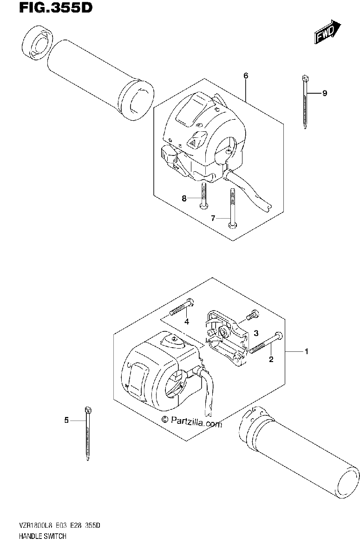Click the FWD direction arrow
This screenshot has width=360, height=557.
point(327,32)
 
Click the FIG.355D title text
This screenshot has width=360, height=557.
point(56,7)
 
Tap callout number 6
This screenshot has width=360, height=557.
point(246,76)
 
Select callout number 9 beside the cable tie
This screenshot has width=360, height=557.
point(324,93)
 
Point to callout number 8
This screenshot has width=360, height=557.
point(184,199)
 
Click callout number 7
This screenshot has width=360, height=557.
point(213,218)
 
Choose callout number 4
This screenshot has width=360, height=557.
point(187,322)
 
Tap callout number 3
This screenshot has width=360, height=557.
point(256,333)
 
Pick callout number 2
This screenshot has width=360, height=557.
point(271,359)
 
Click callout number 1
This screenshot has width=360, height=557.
point(307,351)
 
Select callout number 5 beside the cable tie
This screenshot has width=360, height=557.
point(66,420)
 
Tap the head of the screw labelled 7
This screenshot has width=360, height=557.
point(232,225)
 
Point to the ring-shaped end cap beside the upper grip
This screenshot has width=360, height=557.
point(38,43)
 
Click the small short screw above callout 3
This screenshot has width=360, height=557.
point(253,314)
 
